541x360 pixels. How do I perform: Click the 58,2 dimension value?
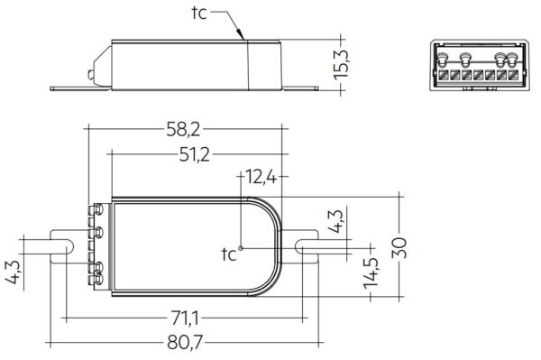coord(184,119)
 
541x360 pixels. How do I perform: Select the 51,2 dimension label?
coord(193,154)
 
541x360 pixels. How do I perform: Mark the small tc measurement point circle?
coord(241,245)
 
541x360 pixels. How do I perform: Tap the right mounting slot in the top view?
coord(306,246)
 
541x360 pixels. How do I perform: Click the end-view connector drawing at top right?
coord(476,65)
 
